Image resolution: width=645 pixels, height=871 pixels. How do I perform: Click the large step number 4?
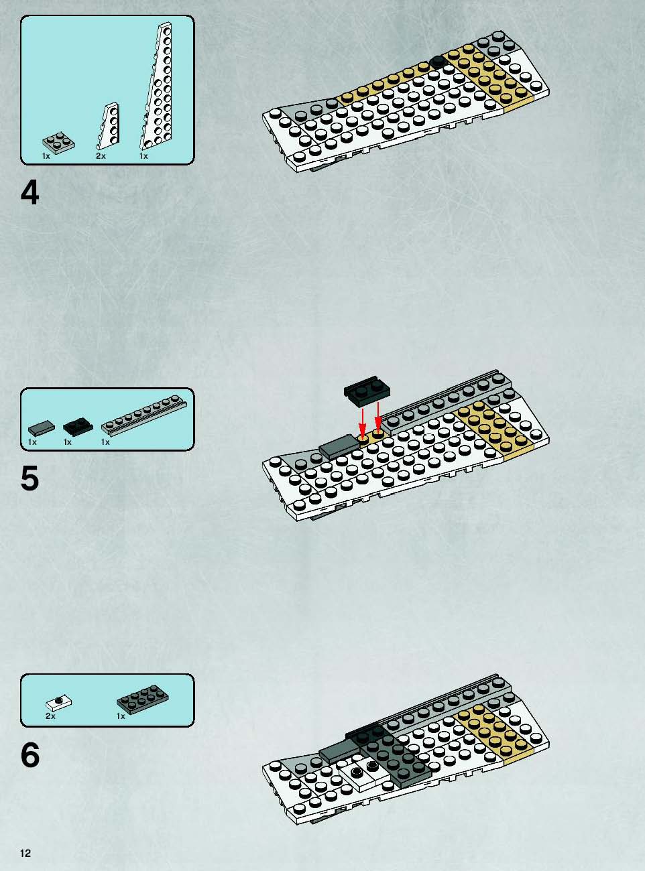tap(30, 194)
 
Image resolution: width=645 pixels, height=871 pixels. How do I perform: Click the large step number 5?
tap(30, 478)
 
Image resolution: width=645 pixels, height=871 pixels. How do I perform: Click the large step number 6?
tap(30, 755)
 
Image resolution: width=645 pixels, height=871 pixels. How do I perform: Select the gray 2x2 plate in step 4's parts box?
tap(58, 142)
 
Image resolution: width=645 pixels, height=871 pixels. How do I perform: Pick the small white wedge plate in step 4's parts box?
tap(109, 126)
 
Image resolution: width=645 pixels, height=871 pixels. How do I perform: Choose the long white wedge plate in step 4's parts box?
tap(157, 86)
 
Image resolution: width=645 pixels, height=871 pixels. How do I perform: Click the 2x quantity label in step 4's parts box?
tap(101, 156)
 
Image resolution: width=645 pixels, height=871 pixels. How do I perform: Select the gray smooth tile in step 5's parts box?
tap(42, 427)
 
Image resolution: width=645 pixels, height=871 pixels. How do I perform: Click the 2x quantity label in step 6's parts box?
tap(50, 716)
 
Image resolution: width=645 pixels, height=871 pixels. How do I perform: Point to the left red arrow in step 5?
tap(363, 423)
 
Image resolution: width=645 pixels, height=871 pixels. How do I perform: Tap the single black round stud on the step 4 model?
tap(436, 62)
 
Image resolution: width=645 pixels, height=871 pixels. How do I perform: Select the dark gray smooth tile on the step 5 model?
tap(339, 446)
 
